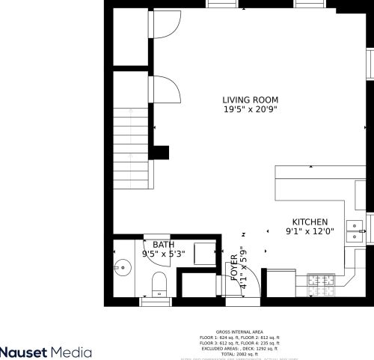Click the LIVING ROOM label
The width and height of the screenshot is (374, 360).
coord(250,100)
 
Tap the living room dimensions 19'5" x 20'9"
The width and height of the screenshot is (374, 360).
coord(250,110)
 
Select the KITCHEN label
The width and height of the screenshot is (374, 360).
coord(310,222)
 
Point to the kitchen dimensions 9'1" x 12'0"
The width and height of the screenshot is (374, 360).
coord(310,232)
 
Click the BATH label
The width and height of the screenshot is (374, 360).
coord(164,245)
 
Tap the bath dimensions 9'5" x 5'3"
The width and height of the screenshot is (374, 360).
coord(164,254)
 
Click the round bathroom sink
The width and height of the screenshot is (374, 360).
coord(121,265)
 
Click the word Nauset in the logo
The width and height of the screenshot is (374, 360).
coord(26,351)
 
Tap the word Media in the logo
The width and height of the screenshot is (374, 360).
coord(75,351)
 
